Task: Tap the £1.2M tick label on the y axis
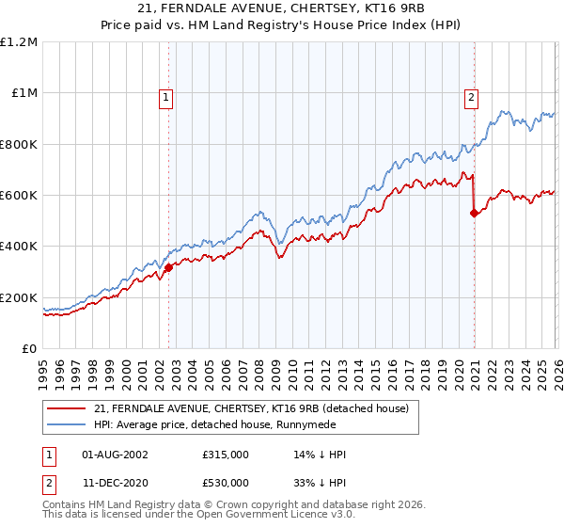pyautogui.click(x=19, y=42)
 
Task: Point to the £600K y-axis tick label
pyautogui.click(x=19, y=196)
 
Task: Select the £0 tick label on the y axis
pyautogui.click(x=28, y=348)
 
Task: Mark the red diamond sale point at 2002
pyautogui.click(x=169, y=268)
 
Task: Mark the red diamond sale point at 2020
pyautogui.click(x=474, y=214)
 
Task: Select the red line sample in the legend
pyautogui.click(x=66, y=409)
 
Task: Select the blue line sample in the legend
pyautogui.click(x=66, y=424)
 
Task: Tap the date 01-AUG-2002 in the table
pyautogui.click(x=115, y=455)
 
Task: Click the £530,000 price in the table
pyautogui.click(x=226, y=483)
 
